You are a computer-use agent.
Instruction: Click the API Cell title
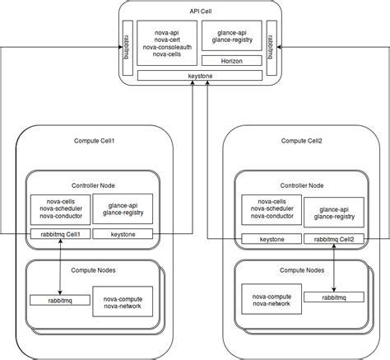pyautogui.click(x=194, y=12)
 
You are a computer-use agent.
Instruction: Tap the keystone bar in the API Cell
pyautogui.click(x=194, y=77)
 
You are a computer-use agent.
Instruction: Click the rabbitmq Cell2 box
pyautogui.click(x=332, y=239)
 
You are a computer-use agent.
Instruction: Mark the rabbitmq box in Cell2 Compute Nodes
pyautogui.click(x=332, y=296)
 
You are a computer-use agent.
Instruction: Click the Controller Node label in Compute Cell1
pyautogui.click(x=93, y=186)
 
